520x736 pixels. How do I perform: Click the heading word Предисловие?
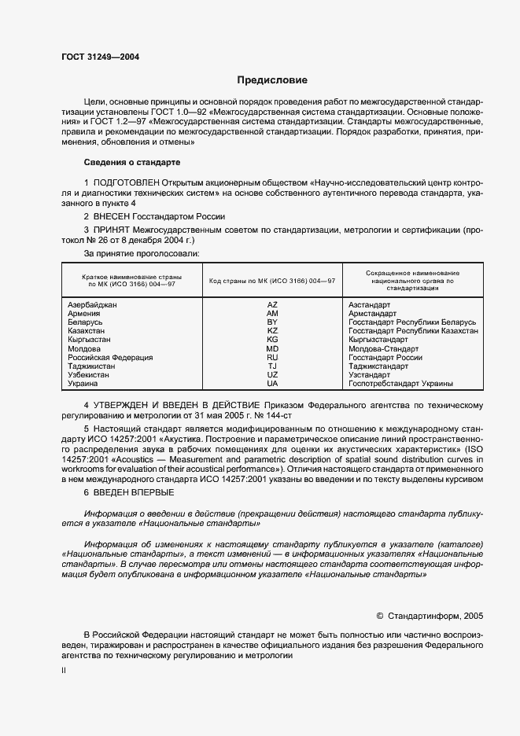coord(273,80)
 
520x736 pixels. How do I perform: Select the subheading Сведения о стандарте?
coord(132,162)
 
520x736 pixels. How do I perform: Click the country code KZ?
coord(272,331)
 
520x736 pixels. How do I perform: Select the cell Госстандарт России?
coord(385,357)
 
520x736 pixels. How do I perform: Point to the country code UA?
coord(272,384)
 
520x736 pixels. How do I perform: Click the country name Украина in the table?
coord(83,384)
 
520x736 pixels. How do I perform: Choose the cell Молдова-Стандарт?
coord(383,348)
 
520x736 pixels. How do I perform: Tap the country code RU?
coord(272,357)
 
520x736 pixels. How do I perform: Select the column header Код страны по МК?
coord(272,281)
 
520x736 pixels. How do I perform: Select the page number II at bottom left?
coord(65,671)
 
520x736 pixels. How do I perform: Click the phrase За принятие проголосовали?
coord(142,254)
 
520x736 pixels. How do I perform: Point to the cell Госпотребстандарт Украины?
coord(400,384)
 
